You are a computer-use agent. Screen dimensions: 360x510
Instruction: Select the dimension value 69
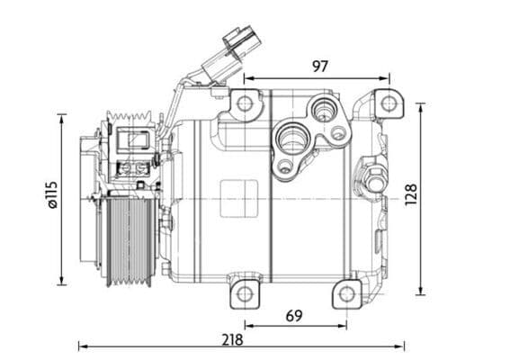point(294,316)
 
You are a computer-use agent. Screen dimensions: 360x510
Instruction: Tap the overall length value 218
point(232,339)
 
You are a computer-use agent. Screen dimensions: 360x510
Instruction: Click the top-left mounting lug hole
point(244,103)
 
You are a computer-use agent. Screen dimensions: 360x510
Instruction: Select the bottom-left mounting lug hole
point(245,293)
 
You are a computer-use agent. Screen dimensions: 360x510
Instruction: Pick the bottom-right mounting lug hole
point(346,293)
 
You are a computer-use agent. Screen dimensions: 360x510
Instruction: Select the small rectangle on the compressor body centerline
point(238,197)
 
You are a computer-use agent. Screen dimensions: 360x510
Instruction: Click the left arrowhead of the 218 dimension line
point(82,346)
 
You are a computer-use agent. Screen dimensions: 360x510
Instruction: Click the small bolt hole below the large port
point(285,166)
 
